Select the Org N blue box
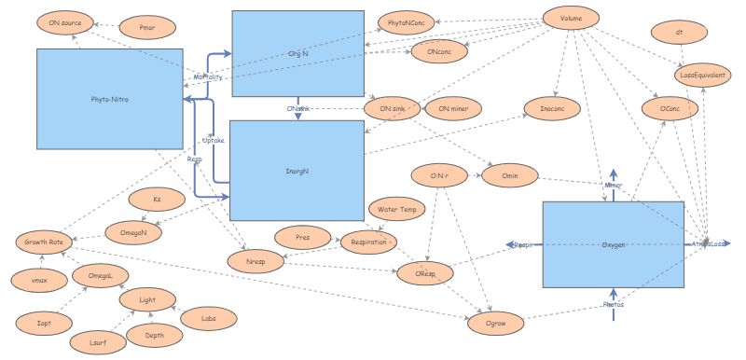pyautogui.click(x=297, y=54)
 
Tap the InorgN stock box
pyautogui.click(x=297, y=170)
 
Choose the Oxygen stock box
pyautogui.click(x=613, y=243)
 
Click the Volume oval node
pyautogui.click(x=572, y=20)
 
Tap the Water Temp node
pyautogui.click(x=394, y=209)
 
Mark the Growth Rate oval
pyautogui.click(x=45, y=242)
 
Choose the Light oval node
pyautogui.click(x=148, y=300)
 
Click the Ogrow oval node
pyautogui.click(x=495, y=323)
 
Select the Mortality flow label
pyautogui.click(x=207, y=76)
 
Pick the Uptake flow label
pyautogui.click(x=214, y=141)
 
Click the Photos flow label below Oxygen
pyautogui.click(x=613, y=305)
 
